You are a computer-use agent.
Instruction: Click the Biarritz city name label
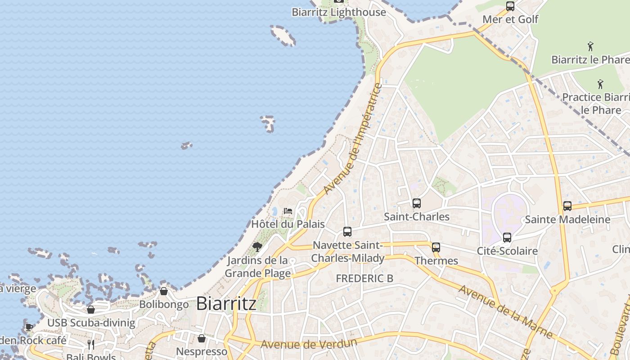[226, 303]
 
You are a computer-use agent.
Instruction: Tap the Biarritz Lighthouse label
[338, 12]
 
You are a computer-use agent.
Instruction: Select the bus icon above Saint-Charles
[417, 203]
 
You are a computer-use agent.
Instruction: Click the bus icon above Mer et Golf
[510, 6]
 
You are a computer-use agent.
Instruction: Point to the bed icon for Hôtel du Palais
[288, 211]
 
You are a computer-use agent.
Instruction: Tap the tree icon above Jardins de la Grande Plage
[257, 247]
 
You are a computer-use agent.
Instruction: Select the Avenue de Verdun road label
[309, 343]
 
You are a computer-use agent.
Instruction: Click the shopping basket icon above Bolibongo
[164, 291]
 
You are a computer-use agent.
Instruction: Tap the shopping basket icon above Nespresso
[202, 338]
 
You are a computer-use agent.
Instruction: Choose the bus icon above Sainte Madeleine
[567, 206]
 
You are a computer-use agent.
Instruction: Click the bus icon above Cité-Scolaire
[507, 238]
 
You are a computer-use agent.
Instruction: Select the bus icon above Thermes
[436, 247]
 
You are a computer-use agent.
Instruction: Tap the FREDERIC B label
[364, 278]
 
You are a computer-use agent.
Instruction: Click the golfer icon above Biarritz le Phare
[590, 46]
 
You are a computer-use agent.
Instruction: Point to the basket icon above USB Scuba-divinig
[91, 310]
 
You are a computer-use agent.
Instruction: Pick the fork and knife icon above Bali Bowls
[91, 345]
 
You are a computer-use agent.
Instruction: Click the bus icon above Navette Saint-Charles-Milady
[347, 232]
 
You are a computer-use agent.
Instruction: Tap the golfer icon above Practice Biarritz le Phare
[600, 84]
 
